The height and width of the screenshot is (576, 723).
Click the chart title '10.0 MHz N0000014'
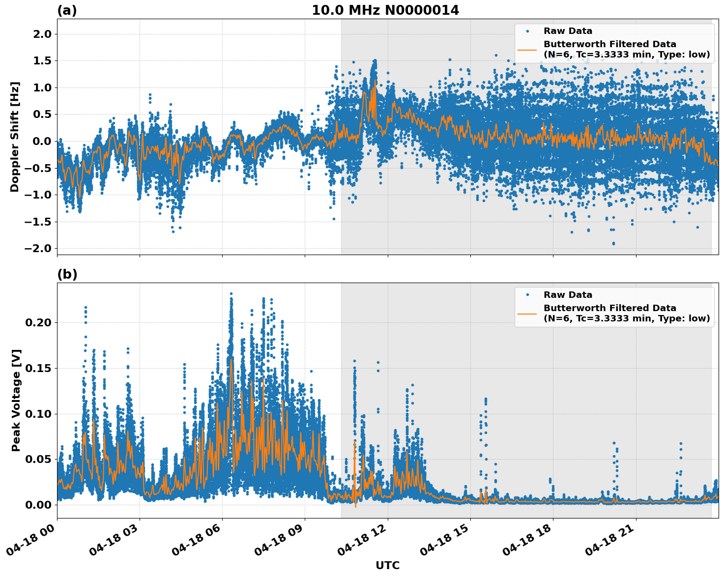[x=385, y=10]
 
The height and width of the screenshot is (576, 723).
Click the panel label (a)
[x=67, y=10]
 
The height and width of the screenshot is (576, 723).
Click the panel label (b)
[x=67, y=274]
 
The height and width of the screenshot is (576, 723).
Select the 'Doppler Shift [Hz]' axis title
[x=15, y=137]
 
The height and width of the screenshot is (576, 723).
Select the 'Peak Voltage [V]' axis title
[x=16, y=400]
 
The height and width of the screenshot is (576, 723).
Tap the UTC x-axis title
[x=387, y=565]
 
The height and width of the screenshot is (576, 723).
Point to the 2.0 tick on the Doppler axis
[x=42, y=34]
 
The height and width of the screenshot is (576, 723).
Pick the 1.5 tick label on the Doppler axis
[x=42, y=61]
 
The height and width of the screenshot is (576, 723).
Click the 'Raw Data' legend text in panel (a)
[x=568, y=31]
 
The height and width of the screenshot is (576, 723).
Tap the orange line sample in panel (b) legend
[x=527, y=313]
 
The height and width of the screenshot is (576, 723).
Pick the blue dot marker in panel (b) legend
[x=527, y=295]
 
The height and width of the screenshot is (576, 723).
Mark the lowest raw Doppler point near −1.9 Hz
[x=613, y=243]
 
